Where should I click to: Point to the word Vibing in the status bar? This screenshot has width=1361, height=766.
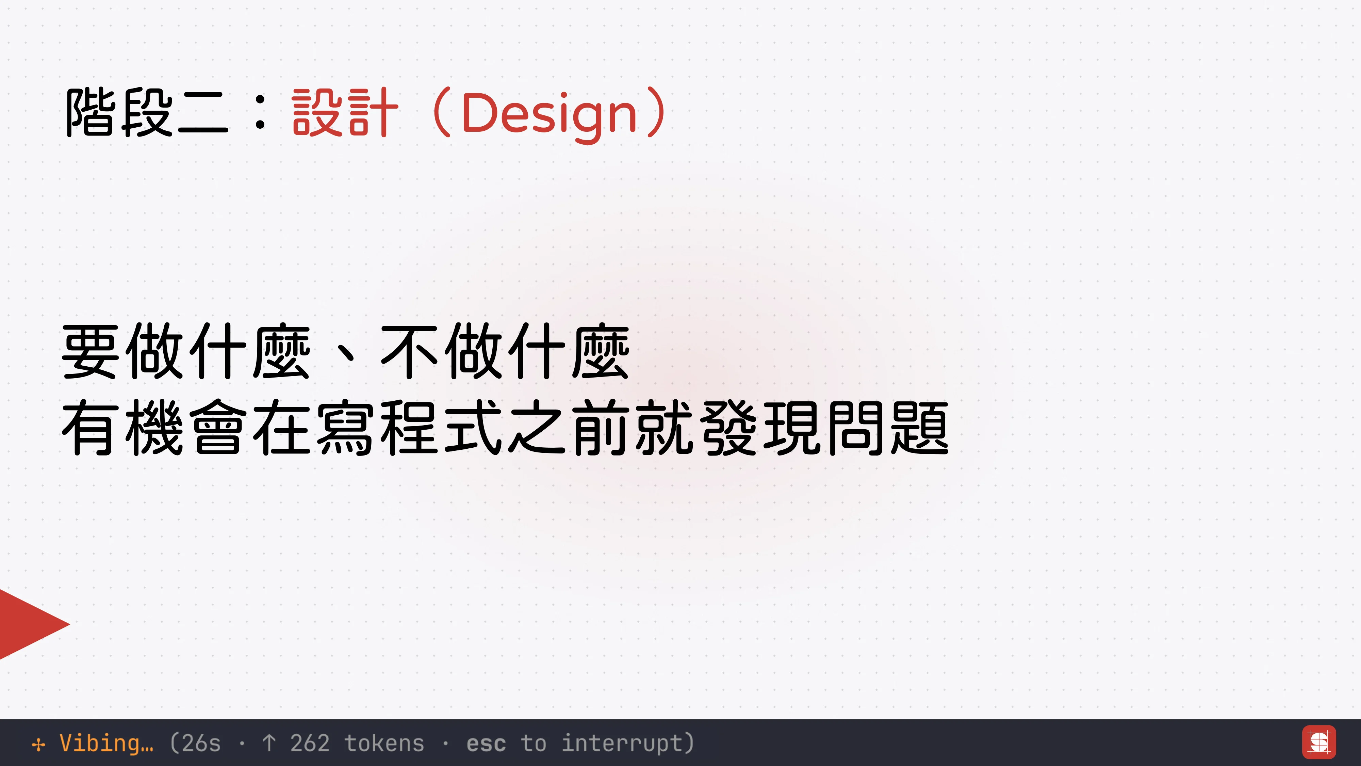[106, 743]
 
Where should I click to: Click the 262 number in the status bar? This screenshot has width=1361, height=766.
[310, 743]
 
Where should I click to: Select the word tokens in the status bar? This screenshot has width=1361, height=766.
[384, 743]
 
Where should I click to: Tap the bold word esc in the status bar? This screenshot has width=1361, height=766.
[486, 743]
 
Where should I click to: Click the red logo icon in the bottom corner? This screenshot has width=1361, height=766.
[1319, 742]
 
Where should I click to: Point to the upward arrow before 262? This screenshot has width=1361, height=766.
[269, 743]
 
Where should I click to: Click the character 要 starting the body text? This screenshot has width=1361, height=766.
[90, 352]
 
